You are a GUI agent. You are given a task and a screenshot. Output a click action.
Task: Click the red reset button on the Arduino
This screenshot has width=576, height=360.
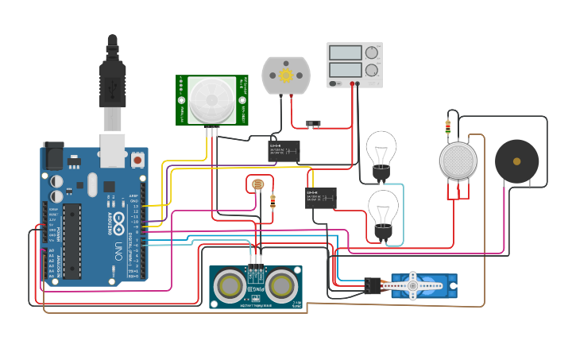137,160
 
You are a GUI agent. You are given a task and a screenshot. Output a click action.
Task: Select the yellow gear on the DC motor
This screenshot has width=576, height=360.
286,75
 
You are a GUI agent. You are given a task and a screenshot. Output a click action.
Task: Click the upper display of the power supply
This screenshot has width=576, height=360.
346,52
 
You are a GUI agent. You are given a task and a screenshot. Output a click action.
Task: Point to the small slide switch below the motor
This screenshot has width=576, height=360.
313,123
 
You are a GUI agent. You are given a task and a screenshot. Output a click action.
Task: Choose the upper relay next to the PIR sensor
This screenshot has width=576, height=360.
284,151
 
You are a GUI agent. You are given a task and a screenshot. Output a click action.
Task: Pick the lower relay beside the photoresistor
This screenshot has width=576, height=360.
321,198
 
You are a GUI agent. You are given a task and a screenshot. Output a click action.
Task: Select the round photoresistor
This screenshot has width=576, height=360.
257,185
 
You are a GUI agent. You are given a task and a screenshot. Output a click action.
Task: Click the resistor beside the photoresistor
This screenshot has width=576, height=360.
273,201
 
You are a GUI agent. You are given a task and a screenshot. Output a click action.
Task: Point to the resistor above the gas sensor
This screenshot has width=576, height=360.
447,126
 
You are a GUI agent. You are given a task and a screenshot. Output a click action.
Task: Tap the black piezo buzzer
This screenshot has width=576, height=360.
516,161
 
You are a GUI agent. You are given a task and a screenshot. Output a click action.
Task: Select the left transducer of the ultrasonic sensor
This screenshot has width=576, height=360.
230,286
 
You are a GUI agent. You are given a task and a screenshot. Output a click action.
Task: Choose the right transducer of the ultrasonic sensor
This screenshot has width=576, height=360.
281,286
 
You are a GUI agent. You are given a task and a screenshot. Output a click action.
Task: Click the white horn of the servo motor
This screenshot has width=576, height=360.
412,285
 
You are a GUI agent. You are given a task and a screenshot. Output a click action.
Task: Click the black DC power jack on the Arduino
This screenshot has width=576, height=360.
52,155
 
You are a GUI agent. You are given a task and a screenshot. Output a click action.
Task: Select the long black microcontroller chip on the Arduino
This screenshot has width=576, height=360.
72,241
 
